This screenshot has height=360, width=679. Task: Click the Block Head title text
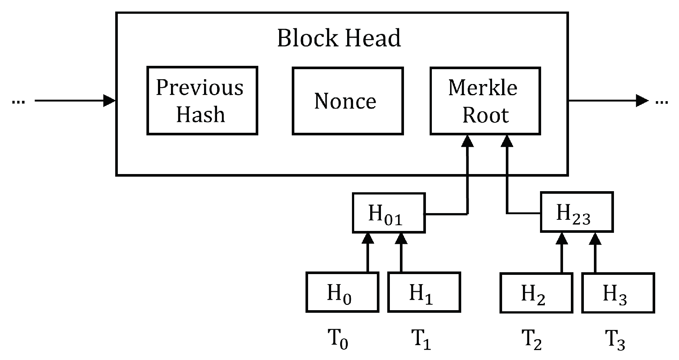(339, 38)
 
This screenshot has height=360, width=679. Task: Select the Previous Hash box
(202, 100)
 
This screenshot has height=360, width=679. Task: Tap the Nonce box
(347, 101)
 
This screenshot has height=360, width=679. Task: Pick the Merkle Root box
(485, 101)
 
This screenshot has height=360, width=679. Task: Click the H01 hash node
(388, 213)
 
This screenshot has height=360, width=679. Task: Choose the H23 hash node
(576, 212)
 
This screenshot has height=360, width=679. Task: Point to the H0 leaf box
(342, 292)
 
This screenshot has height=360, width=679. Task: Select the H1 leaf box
(424, 292)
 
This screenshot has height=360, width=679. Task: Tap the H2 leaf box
(536, 293)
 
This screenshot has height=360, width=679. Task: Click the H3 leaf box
(618, 293)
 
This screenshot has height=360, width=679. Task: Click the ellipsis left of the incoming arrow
(18, 102)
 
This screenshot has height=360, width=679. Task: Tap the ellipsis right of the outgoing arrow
(661, 102)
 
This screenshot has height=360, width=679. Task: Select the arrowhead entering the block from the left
(109, 100)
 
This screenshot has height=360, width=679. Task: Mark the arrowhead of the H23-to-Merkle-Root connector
(507, 141)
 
